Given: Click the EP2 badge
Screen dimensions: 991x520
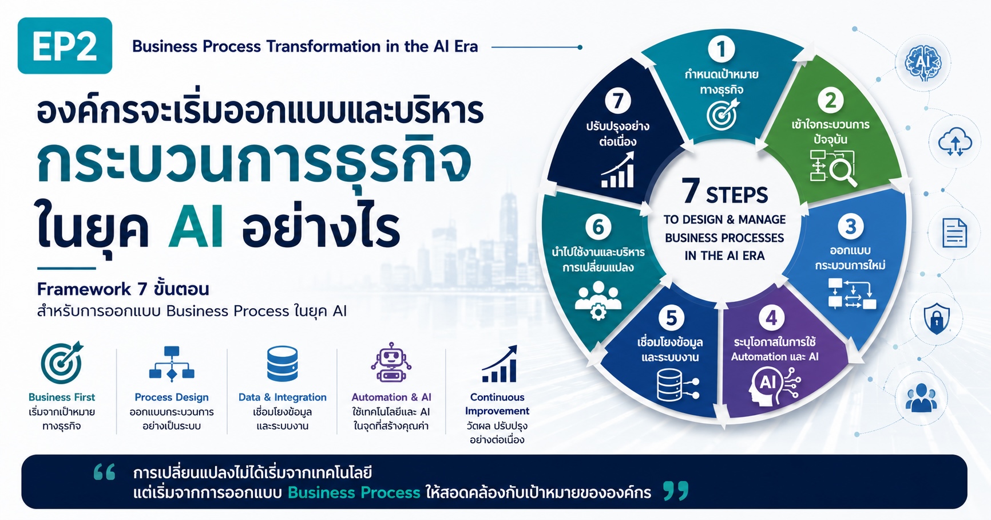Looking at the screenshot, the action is (x=65, y=46).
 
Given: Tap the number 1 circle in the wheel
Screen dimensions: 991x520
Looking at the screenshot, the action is (x=721, y=49).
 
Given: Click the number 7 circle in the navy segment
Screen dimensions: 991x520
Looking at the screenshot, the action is (x=618, y=101).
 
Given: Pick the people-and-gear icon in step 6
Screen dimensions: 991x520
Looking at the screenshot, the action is (x=598, y=300).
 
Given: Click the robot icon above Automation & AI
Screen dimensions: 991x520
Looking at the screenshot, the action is (x=391, y=363).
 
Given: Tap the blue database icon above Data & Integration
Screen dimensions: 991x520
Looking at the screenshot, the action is (x=282, y=364).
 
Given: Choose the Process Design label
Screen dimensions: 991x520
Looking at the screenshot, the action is (x=172, y=397).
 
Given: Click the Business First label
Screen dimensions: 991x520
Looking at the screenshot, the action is (x=62, y=397).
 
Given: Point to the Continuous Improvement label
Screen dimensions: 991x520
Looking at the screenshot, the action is (x=497, y=404).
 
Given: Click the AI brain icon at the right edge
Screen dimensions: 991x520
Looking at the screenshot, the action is (x=923, y=62).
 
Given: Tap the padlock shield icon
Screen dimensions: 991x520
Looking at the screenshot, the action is (x=937, y=319).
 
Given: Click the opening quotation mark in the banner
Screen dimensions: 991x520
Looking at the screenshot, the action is (x=105, y=472).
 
